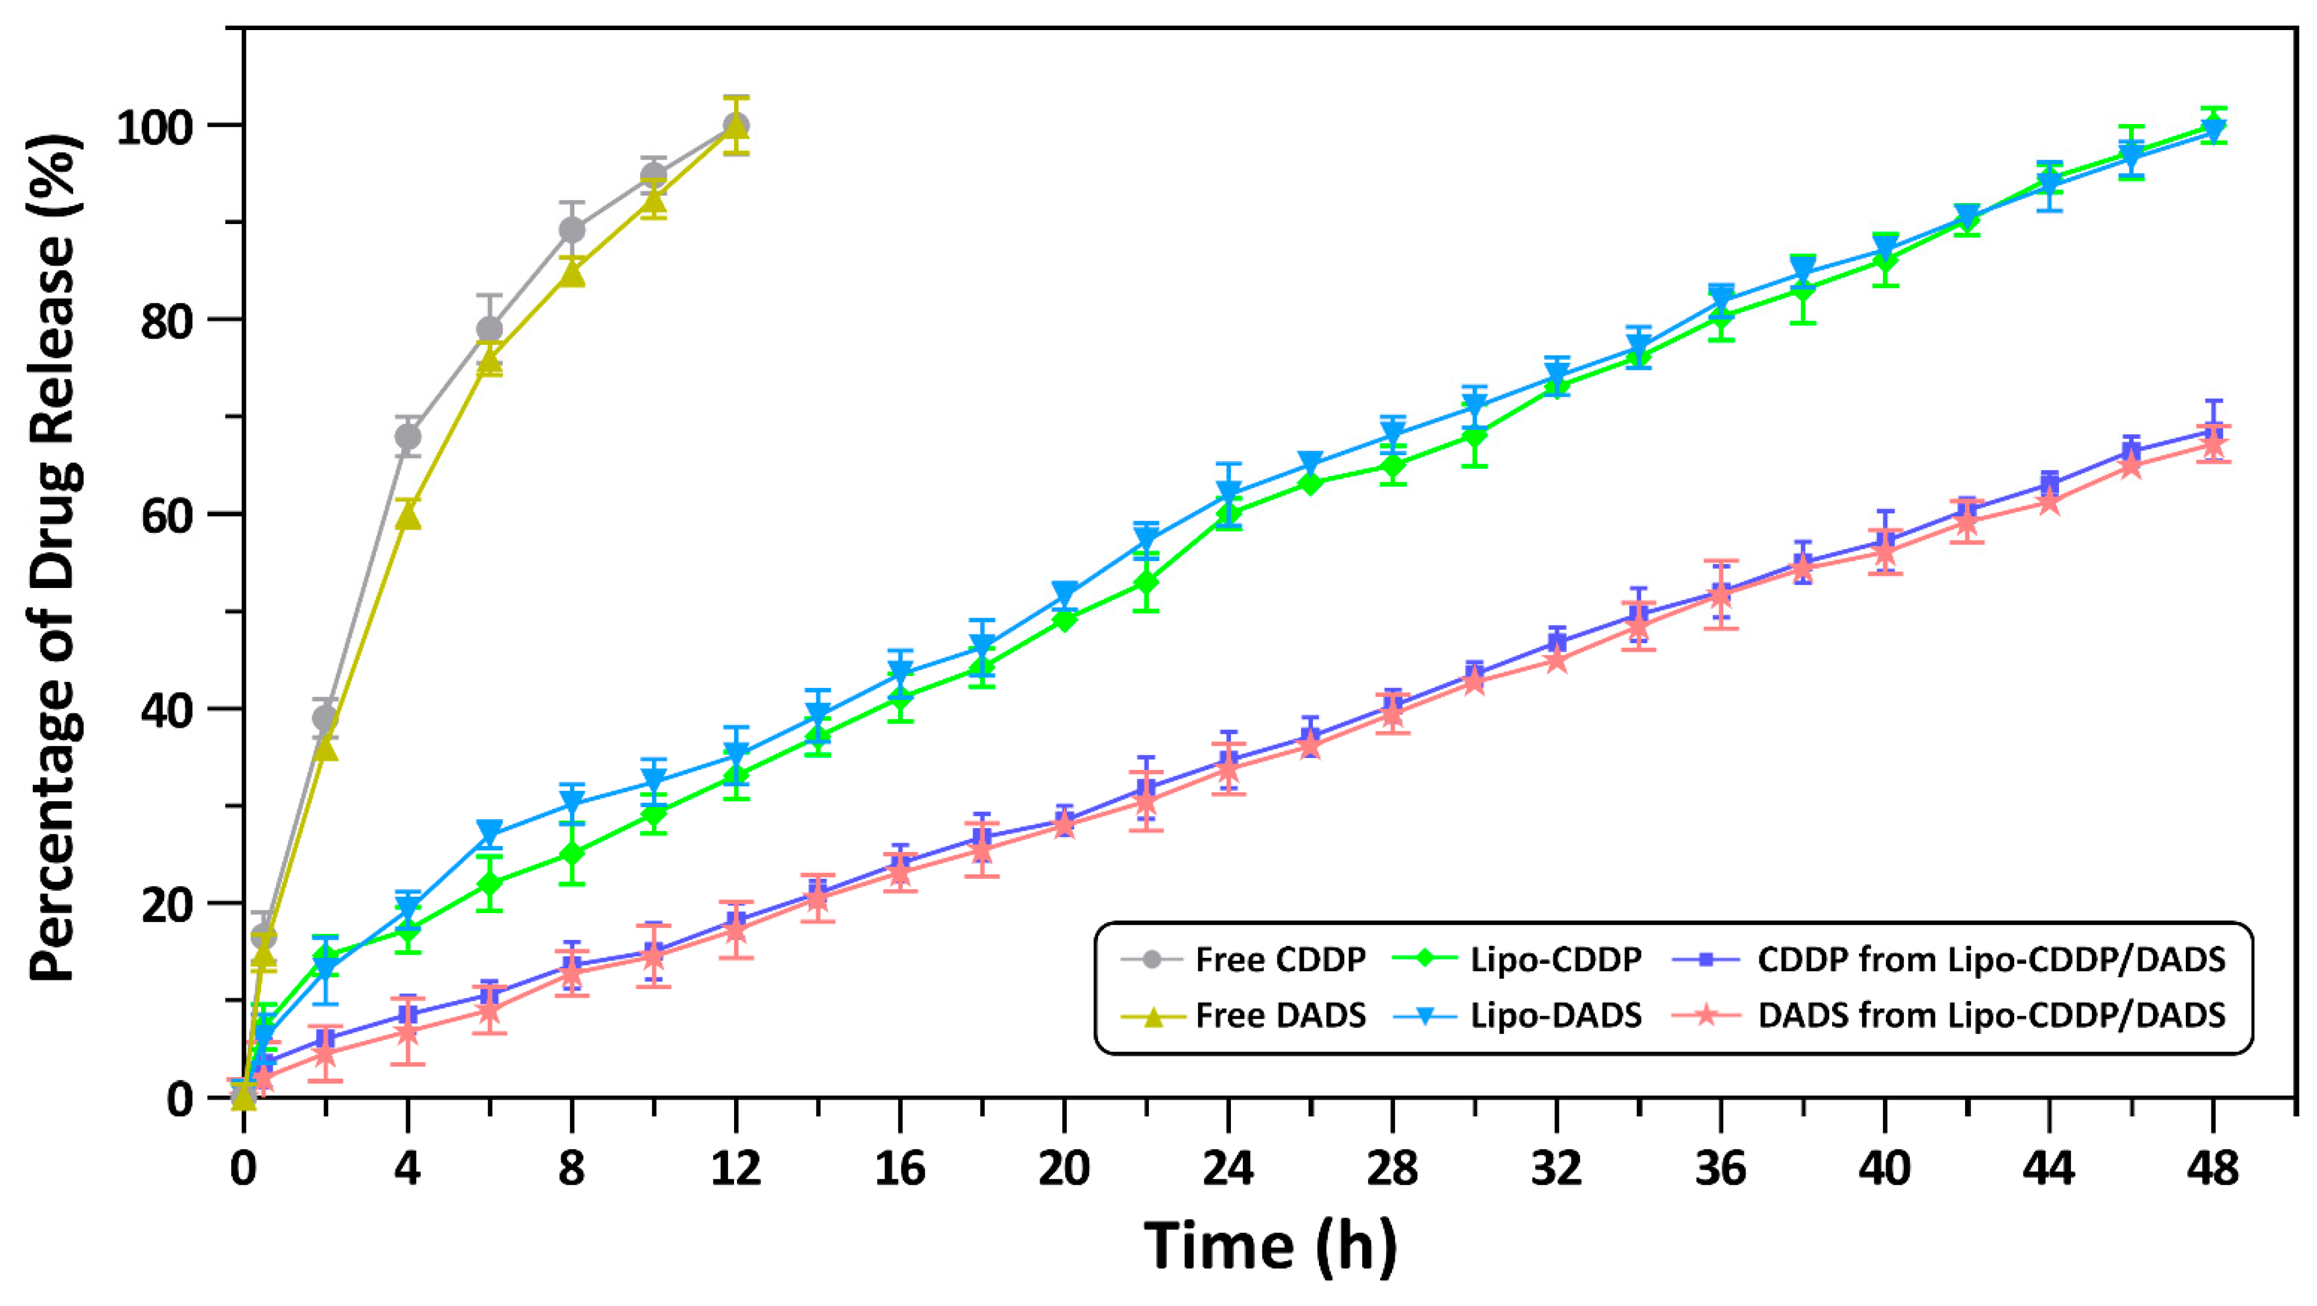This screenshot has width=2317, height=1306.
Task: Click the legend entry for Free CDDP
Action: pos(1280,960)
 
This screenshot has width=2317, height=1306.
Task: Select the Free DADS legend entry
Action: pos(1280,1015)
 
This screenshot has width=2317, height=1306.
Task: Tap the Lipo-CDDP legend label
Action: pos(1555,960)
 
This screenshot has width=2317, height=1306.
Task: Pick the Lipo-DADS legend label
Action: pos(1555,1015)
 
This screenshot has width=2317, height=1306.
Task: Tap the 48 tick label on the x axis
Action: pos(2214,1168)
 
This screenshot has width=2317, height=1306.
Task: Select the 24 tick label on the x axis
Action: pos(1228,1168)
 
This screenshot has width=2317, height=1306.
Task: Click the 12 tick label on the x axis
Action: pos(736,1168)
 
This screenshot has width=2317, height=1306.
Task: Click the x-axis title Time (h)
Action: pos(1270,1246)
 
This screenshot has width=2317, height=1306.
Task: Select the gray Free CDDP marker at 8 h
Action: pos(572,230)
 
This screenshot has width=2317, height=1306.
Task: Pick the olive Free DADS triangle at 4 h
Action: pos(407,516)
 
